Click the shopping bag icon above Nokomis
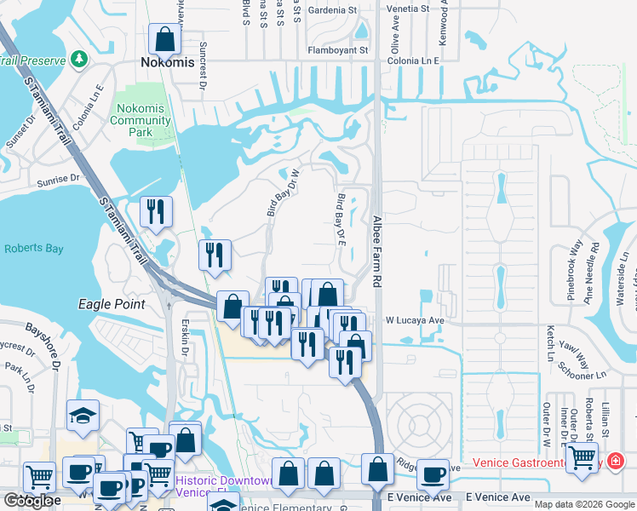click(x=164, y=38)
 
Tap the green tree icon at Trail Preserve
click(x=79, y=59)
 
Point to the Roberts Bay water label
click(x=35, y=249)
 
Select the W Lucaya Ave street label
click(x=416, y=320)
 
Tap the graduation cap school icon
click(x=83, y=416)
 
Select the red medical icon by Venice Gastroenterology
click(x=615, y=462)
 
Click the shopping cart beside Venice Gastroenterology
click(x=582, y=458)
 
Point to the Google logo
click(x=29, y=501)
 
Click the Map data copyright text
click(x=584, y=504)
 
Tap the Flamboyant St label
click(x=338, y=50)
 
